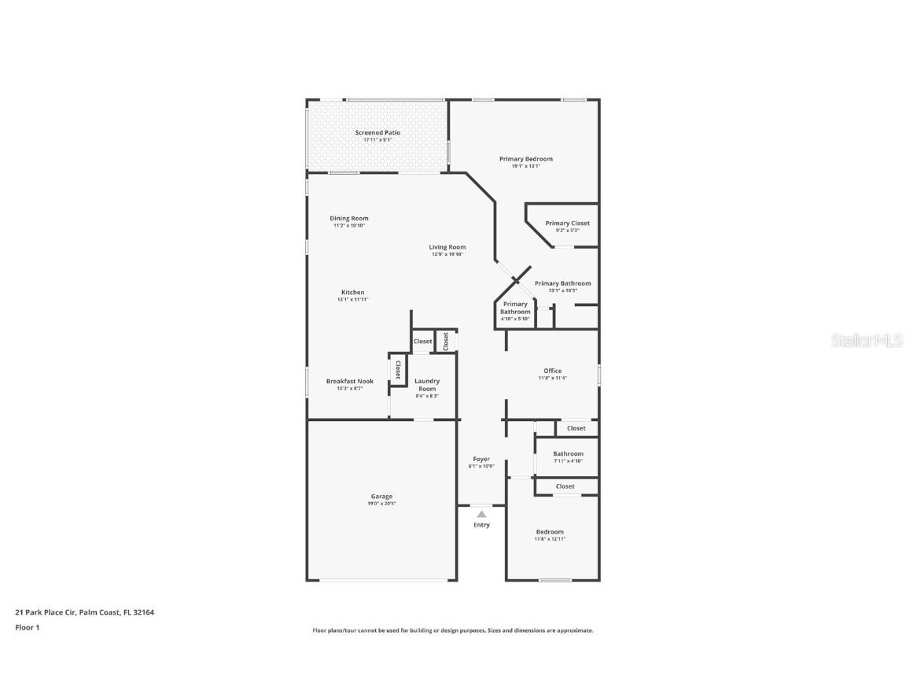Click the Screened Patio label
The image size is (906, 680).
(x=377, y=133)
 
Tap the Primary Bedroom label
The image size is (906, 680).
(x=525, y=159)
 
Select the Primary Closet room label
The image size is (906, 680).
(x=567, y=224)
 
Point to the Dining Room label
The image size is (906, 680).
(x=348, y=219)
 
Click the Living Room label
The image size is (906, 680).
(x=447, y=247)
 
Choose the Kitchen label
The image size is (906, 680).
(x=352, y=293)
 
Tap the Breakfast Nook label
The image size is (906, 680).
(x=349, y=382)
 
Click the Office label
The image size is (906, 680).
(x=552, y=371)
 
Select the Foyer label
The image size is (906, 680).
(x=481, y=460)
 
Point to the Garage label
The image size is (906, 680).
(x=381, y=497)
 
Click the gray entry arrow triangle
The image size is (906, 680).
(x=481, y=514)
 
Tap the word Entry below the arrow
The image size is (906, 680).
(x=481, y=525)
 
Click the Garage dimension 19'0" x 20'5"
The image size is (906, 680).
(x=381, y=504)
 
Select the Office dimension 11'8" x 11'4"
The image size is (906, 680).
(x=552, y=378)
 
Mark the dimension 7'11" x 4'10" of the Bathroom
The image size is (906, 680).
(x=568, y=461)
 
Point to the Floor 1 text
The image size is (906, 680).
(x=27, y=627)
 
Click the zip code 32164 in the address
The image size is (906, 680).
(x=143, y=612)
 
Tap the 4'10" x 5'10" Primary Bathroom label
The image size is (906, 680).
(x=515, y=319)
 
